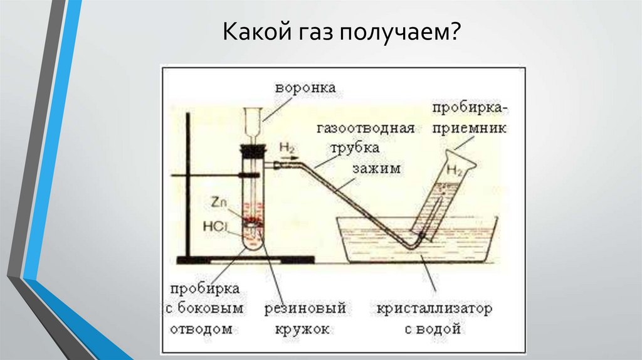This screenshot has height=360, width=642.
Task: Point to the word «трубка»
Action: click(x=354, y=149)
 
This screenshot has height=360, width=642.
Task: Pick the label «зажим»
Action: click(x=376, y=169)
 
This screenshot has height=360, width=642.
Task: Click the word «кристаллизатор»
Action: click(x=434, y=310)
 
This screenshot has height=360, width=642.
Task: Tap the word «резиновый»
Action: click(x=305, y=310)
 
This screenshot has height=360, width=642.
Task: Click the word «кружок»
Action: click(x=302, y=329)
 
